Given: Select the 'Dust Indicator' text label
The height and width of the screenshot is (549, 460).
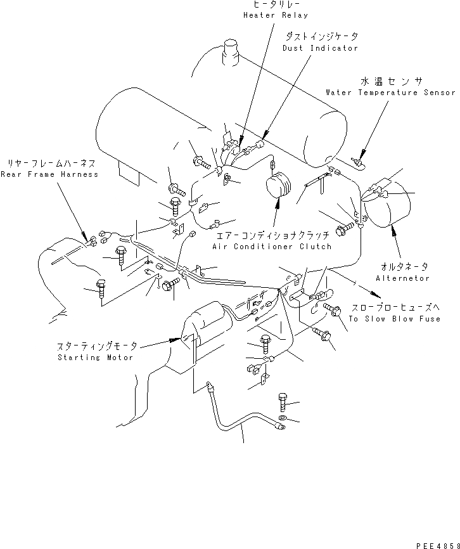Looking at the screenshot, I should (x=320, y=48).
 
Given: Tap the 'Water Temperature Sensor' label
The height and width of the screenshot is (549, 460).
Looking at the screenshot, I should (x=390, y=93).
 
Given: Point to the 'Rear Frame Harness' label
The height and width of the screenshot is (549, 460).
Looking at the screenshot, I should (x=49, y=174).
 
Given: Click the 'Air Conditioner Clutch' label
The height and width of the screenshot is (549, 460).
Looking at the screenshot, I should (x=272, y=247).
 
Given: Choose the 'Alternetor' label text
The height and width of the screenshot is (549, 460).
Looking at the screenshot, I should (x=402, y=278).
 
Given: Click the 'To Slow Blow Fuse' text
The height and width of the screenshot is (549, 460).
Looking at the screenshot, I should (x=394, y=319).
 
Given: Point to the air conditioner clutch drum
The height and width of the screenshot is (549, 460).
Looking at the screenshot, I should (x=279, y=188).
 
